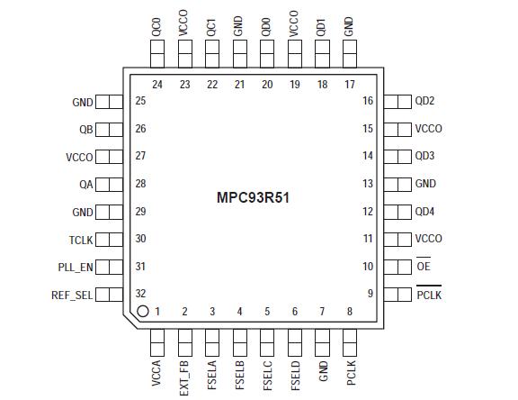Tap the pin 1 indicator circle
[x=143, y=312]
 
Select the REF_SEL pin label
[x=72, y=295]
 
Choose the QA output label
[x=85, y=184]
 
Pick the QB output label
[x=85, y=129]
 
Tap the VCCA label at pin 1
[x=158, y=374]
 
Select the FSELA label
[x=213, y=373]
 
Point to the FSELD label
[x=295, y=373]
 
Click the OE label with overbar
[x=424, y=268]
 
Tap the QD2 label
[x=425, y=101]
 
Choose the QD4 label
[x=425, y=212]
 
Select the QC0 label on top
[x=157, y=24]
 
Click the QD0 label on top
[x=266, y=24]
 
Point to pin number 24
[x=157, y=85]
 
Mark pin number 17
[x=349, y=85]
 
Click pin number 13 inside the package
[x=368, y=184]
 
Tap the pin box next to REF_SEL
[x=109, y=295]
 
